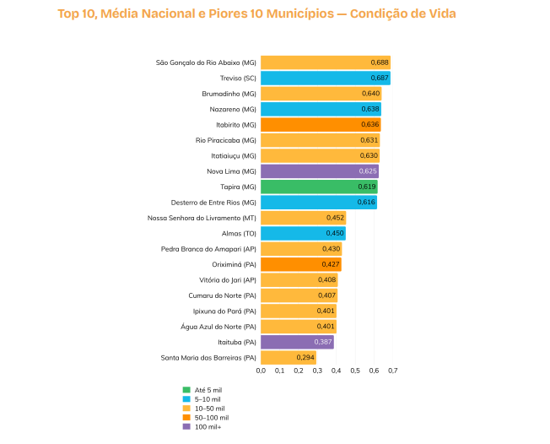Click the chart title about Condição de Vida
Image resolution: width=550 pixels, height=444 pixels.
(x=262, y=14)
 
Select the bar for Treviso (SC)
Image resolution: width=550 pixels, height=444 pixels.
(x=325, y=78)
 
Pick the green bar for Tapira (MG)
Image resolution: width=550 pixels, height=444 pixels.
(x=319, y=187)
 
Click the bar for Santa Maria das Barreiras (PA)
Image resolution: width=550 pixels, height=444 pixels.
(x=288, y=358)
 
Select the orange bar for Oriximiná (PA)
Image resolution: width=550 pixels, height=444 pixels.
(x=300, y=264)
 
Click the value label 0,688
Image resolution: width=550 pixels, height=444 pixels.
(x=380, y=62)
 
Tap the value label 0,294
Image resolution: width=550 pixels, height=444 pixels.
(x=305, y=358)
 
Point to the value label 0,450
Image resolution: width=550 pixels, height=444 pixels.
(x=335, y=233)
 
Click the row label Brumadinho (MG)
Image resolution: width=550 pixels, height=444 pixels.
(x=229, y=94)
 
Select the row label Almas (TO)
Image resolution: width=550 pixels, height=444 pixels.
(x=239, y=233)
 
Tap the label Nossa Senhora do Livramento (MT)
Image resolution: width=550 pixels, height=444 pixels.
(x=202, y=218)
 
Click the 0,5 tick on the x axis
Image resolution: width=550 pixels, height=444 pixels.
(x=355, y=371)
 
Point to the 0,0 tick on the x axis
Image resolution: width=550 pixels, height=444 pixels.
(x=261, y=371)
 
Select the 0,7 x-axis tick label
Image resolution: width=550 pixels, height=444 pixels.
(x=392, y=371)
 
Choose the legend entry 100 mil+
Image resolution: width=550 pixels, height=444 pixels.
(x=208, y=427)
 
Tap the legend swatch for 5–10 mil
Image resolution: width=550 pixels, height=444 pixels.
(x=186, y=399)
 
